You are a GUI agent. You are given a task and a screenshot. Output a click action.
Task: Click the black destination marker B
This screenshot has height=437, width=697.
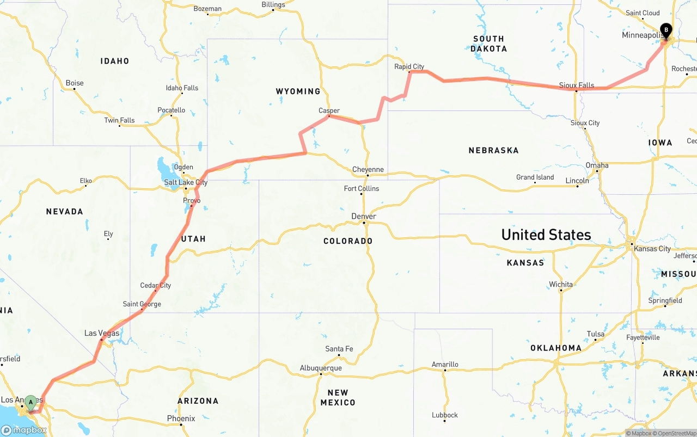(x=665, y=30)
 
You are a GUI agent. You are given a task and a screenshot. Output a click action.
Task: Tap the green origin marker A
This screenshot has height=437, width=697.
(x=31, y=403)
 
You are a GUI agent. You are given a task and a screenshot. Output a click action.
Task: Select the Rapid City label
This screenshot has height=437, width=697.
(x=409, y=67)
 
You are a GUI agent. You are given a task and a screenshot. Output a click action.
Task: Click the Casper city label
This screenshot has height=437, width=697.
(x=329, y=110)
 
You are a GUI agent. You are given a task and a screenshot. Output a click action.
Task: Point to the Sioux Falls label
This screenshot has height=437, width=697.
(x=577, y=85)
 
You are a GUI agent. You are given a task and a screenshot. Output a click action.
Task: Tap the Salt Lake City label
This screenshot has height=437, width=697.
(x=186, y=183)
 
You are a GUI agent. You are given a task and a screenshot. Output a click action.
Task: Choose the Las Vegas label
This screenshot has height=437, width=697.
(x=101, y=333)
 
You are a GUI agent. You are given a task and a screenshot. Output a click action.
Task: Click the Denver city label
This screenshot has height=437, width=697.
(x=364, y=217)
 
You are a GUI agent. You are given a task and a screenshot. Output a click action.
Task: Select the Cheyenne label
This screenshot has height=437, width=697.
(x=368, y=170)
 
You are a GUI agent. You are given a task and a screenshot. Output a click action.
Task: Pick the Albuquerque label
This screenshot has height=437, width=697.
(x=321, y=368)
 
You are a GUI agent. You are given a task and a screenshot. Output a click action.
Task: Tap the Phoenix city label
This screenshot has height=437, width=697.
(x=181, y=418)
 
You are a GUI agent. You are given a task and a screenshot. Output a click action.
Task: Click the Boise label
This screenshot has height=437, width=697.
(x=75, y=83)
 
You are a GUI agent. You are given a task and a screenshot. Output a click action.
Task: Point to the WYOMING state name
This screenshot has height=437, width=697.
(x=298, y=91)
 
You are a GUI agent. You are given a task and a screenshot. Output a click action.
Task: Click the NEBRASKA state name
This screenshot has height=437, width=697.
(x=493, y=150)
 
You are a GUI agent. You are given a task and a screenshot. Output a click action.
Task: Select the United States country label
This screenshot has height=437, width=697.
(x=546, y=235)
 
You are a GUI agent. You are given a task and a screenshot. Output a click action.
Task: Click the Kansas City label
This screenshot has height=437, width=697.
(x=652, y=249)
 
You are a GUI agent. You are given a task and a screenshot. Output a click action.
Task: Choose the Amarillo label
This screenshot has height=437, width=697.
(x=445, y=365)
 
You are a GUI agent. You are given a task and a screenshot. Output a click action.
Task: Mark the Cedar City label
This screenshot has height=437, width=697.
(x=156, y=285)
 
